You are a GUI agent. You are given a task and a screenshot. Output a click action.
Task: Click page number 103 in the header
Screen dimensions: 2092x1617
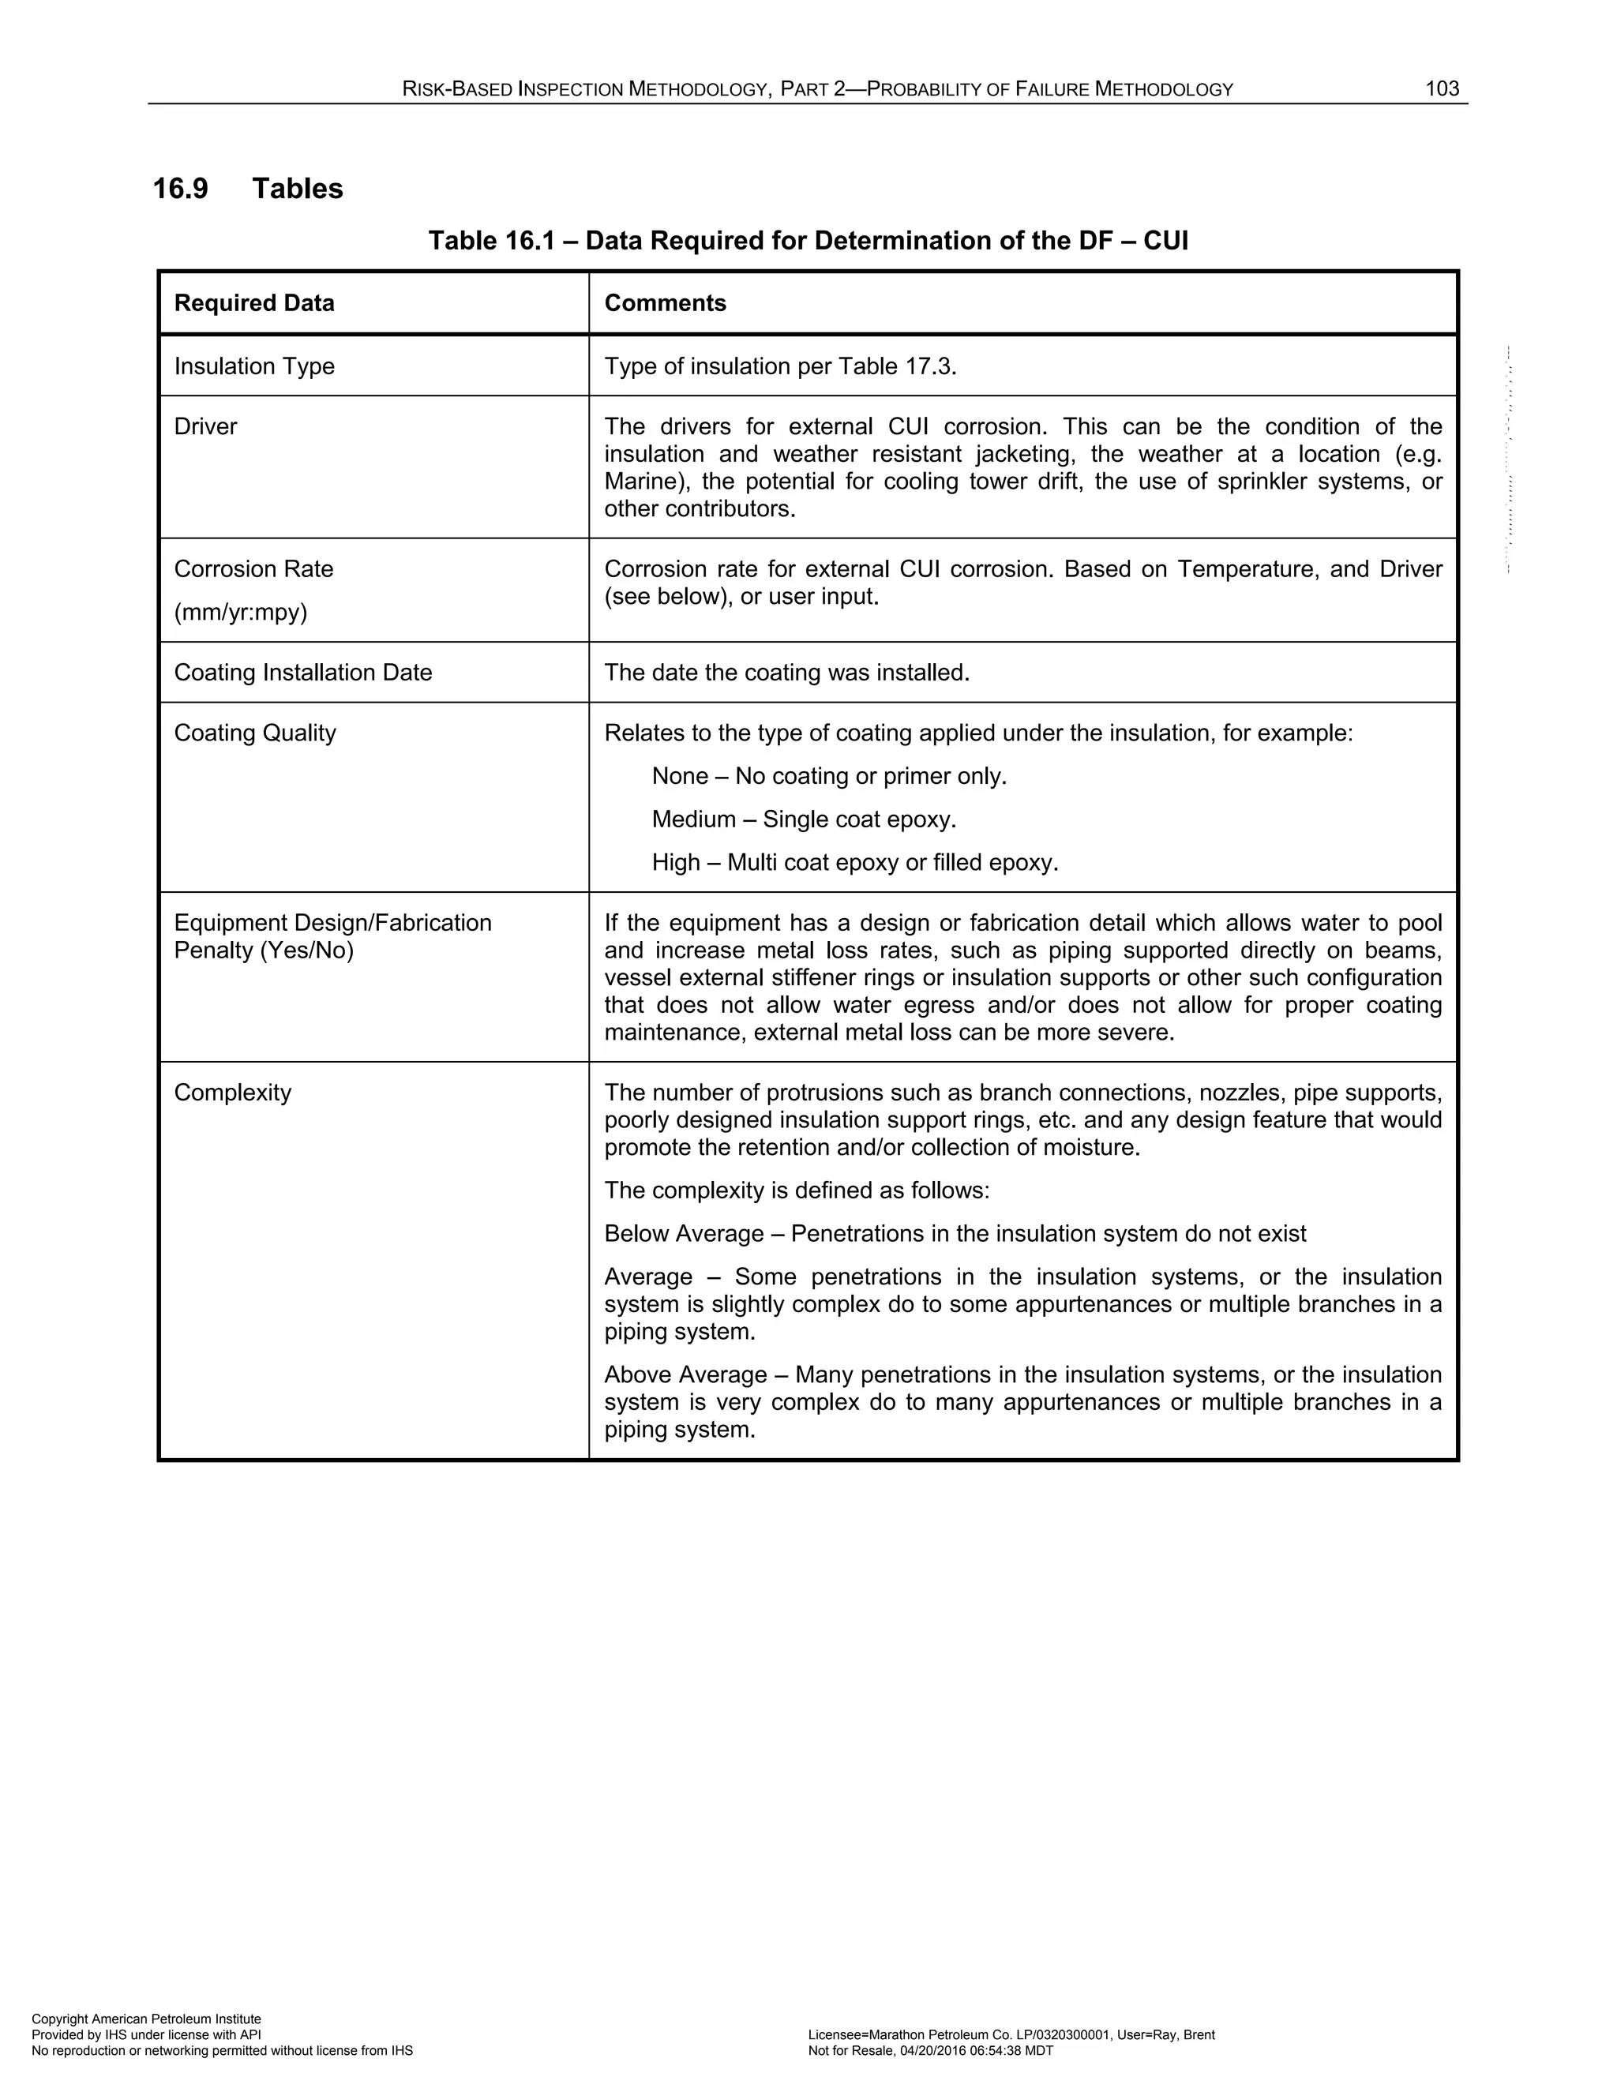click(1442, 89)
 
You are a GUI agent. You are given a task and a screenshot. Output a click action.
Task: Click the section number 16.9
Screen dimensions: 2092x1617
click(180, 189)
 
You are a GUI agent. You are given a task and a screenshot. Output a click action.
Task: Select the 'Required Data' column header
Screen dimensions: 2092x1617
click(254, 304)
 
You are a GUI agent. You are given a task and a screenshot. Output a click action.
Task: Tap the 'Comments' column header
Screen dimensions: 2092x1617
click(665, 304)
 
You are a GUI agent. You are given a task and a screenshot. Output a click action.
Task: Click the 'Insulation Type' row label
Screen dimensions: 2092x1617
click(254, 367)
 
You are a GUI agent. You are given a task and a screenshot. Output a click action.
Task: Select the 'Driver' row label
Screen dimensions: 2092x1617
click(205, 427)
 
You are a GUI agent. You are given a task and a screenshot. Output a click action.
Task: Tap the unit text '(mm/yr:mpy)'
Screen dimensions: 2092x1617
click(241, 613)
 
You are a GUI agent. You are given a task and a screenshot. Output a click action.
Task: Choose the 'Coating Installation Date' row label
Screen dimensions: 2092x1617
click(302, 673)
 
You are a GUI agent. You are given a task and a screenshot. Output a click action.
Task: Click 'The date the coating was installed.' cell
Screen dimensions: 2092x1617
click(786, 673)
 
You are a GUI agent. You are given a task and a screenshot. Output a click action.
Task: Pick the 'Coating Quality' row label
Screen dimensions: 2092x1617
click(255, 733)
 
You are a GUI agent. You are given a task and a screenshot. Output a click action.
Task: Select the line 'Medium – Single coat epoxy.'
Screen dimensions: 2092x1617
click(804, 820)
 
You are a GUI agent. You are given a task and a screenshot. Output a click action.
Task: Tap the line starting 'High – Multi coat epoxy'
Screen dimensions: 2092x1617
click(854, 863)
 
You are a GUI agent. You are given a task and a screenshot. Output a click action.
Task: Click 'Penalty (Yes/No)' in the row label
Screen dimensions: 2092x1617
click(264, 951)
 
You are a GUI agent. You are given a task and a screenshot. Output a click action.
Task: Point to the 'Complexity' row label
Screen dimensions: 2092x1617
click(232, 1093)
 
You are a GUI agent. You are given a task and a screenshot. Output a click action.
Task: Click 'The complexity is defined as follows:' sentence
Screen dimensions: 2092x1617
click(796, 1190)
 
